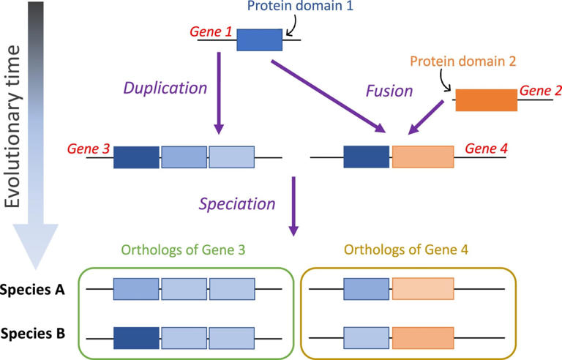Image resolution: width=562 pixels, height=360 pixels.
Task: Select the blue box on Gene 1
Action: click(x=259, y=40)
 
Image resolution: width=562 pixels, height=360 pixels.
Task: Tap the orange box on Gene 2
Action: click(x=486, y=100)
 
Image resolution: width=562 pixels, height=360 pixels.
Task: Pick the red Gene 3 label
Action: click(x=89, y=149)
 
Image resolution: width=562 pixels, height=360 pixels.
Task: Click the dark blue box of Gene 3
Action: click(x=136, y=157)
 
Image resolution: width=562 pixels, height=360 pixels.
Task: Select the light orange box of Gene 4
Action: click(x=423, y=157)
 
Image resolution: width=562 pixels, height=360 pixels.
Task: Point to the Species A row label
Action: click(x=33, y=290)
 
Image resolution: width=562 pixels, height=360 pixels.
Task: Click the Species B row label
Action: click(x=33, y=334)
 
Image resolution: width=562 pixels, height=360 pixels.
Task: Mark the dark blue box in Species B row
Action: click(x=136, y=337)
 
